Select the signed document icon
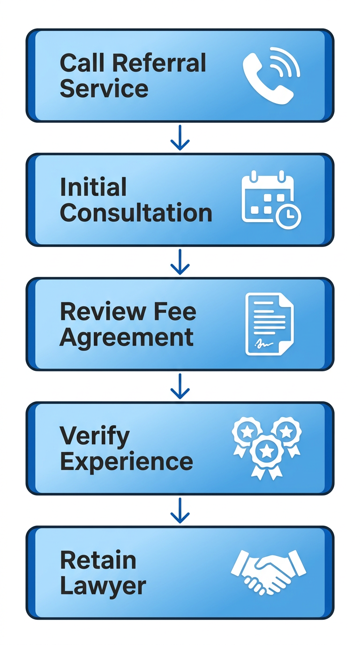click(269, 323)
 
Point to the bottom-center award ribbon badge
click(267, 453)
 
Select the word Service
click(104, 89)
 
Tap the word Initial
click(93, 187)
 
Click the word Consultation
click(136, 213)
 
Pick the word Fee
click(173, 312)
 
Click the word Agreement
click(127, 338)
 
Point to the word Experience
click(127, 462)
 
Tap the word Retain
click(98, 561)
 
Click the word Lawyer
click(103, 586)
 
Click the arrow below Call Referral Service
click(180, 138)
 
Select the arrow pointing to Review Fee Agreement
click(180, 262)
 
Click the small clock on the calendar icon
click(288, 216)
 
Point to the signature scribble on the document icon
click(263, 344)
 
